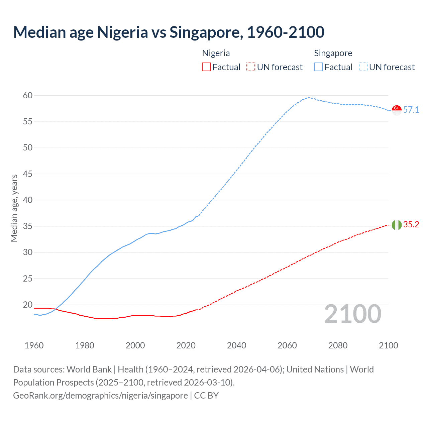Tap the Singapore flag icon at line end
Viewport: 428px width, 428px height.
click(x=397, y=110)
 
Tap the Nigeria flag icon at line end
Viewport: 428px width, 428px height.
click(x=397, y=225)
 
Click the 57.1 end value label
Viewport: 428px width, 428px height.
click(x=411, y=110)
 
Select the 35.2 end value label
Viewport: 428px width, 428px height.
click(x=411, y=225)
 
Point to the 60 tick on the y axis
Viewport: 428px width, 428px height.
click(x=28, y=96)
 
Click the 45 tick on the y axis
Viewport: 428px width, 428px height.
click(x=28, y=174)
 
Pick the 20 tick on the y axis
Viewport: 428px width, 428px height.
click(x=28, y=305)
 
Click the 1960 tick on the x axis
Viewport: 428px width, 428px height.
click(x=34, y=345)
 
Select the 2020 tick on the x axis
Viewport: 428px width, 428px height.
click(x=186, y=345)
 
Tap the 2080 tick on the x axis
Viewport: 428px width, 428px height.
click(x=338, y=345)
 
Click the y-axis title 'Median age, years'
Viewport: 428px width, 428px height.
click(x=14, y=208)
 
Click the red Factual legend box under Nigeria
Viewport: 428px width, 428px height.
click(x=206, y=67)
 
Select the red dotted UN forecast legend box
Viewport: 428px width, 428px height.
click(x=251, y=67)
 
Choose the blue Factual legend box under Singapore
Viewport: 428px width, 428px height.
click(x=319, y=67)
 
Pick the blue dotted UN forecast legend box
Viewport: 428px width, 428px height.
click(x=363, y=67)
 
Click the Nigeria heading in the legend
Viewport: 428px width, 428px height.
click(x=216, y=53)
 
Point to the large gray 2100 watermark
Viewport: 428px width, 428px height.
click(x=352, y=314)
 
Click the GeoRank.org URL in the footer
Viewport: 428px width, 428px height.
click(x=100, y=396)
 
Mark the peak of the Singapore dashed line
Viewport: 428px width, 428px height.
click(x=308, y=98)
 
